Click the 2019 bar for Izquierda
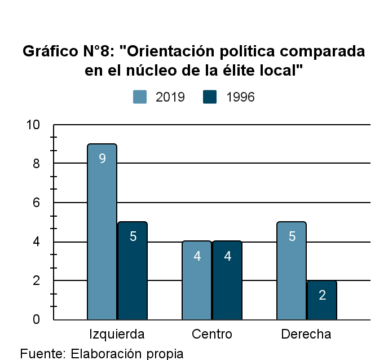(102, 231)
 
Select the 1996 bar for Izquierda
(133, 271)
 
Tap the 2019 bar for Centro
(197, 280)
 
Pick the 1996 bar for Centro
(227, 280)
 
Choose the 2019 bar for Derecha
(292, 271)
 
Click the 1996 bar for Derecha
(322, 300)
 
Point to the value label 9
(102, 159)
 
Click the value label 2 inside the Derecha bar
(322, 295)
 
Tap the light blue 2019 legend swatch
(140, 97)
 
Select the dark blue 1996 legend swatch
(210, 97)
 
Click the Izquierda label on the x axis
(117, 334)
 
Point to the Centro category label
(212, 334)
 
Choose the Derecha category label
(306, 334)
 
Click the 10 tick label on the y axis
(34, 125)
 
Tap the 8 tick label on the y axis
(37, 164)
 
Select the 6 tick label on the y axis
(37, 203)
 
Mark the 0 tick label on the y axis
(37, 319)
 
